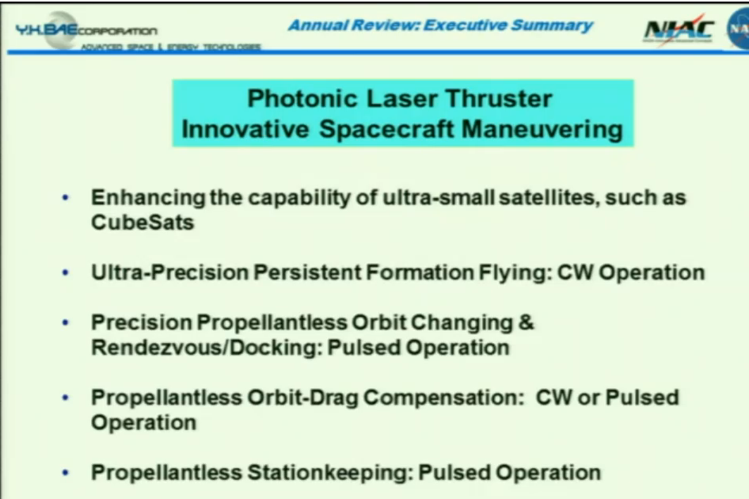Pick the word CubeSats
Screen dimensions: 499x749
(x=143, y=223)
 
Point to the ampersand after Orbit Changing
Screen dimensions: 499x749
(x=527, y=323)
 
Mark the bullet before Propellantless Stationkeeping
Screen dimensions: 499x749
(x=66, y=473)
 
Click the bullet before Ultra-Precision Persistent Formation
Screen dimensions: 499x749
(x=66, y=273)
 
